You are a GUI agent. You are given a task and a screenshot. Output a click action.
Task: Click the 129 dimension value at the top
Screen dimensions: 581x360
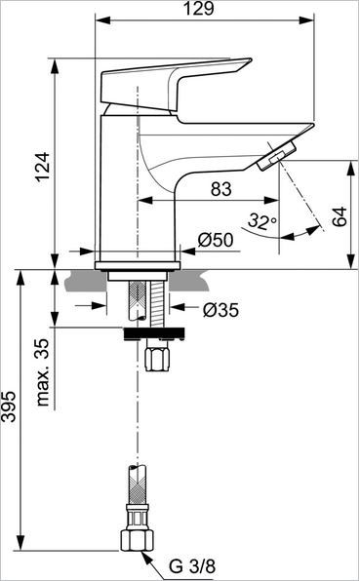[x=205, y=11]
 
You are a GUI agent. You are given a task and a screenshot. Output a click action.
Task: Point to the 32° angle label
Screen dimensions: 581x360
[x=261, y=223]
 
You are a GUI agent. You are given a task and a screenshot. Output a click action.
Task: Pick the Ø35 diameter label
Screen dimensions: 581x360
[x=221, y=310]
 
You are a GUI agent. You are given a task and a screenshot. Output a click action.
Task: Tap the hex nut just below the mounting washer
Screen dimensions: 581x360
[x=155, y=357]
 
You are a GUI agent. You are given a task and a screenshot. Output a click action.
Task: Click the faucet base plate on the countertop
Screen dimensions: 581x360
[x=138, y=264]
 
